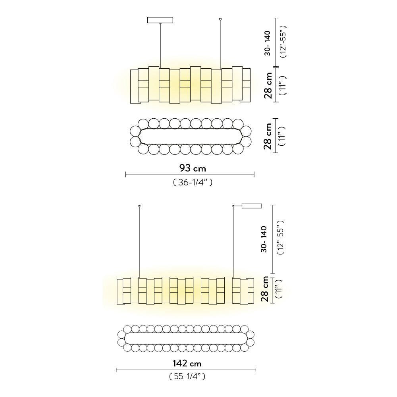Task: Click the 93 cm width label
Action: click(193, 168)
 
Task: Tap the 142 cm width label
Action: click(187, 364)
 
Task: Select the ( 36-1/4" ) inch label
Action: click(193, 182)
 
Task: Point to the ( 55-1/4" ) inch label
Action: click(187, 376)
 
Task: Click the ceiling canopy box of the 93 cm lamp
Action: click(160, 20)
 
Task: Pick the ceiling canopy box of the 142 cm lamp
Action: click(252, 206)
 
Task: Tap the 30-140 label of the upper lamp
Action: click(267, 43)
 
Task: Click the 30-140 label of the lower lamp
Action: click(264, 239)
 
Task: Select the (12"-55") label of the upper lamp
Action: click(283, 42)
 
